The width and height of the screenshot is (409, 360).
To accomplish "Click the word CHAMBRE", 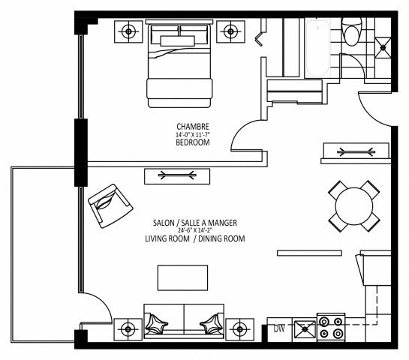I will pos(192,126).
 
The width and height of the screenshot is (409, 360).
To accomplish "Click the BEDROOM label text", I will pos(192,142).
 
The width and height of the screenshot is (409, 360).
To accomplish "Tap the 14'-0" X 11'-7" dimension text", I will pos(192,133).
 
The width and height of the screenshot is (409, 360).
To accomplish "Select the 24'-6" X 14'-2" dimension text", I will pos(195,230).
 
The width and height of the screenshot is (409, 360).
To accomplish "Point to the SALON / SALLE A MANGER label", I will pos(195,223).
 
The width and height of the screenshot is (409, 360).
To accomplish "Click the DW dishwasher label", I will pos(279,328).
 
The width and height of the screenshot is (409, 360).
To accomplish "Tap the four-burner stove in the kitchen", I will pos(331,328).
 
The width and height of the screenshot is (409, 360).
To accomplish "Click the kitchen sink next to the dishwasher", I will pos(304,328).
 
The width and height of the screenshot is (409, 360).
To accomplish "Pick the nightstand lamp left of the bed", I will pos(130,31).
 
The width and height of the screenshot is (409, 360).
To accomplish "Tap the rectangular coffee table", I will pos(182,277).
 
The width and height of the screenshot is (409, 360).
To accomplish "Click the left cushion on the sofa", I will pos(160,324).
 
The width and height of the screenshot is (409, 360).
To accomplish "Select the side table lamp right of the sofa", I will pos(239,327).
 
